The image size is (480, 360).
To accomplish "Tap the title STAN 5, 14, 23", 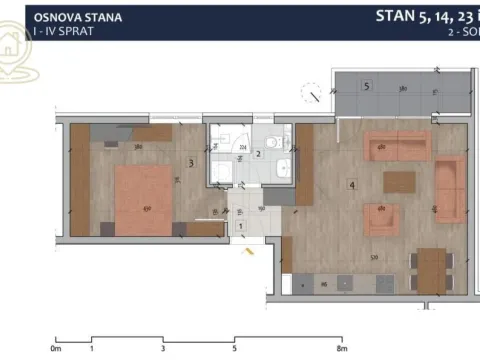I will pos(420,16).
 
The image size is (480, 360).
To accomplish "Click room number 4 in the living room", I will pos(352,184).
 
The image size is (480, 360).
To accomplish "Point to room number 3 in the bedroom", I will pos(191,162).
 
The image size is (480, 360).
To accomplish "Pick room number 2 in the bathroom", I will pos(258,154).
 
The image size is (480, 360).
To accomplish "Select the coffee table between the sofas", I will pos(399,181).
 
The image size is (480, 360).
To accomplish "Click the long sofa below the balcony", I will pos(397,147).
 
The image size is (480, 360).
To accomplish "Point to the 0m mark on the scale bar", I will pos(56,350).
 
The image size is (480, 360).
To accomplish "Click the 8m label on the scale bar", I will pos(340,350).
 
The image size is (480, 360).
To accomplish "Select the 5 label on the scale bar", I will pos(234,350).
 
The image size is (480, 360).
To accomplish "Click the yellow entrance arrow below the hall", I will pos(246,252).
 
